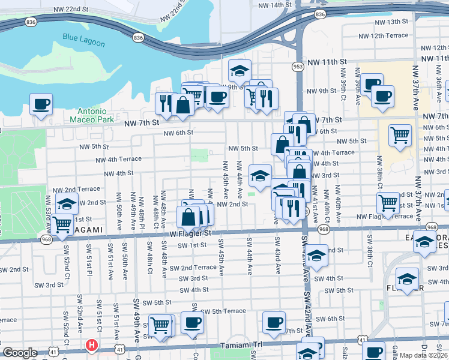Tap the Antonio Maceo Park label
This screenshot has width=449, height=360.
[x=92, y=115]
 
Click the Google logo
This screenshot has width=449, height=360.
[x=20, y=353]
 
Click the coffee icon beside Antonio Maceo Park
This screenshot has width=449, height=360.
[x=41, y=104]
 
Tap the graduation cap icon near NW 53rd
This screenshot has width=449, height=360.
[x=67, y=203]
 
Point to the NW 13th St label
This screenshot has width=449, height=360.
[x=388, y=22]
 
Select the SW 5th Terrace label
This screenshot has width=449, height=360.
[x=223, y=311]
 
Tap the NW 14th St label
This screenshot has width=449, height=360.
[x=272, y=5]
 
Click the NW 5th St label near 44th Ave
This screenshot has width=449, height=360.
[x=243, y=148]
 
